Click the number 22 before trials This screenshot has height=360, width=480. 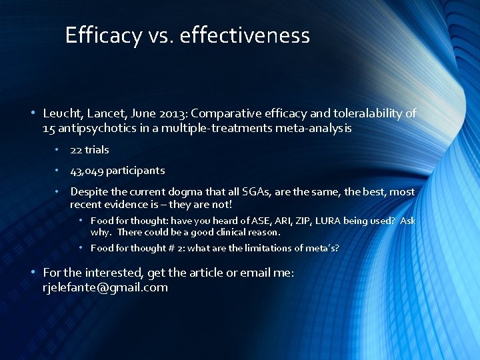point(76,150)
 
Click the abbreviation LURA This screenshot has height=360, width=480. point(325,221)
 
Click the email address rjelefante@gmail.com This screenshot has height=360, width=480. point(105,288)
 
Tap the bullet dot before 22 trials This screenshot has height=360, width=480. point(58,150)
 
